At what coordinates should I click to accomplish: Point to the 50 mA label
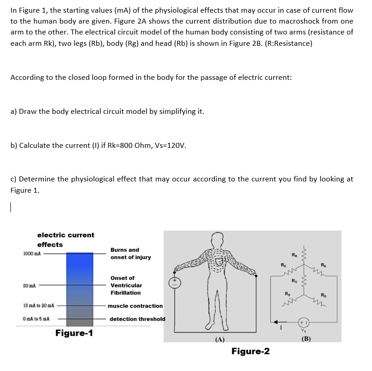tap(30, 286)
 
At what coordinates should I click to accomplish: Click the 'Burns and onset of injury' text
tap(130, 254)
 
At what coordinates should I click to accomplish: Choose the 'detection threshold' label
tap(137, 319)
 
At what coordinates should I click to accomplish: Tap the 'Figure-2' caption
tap(250, 351)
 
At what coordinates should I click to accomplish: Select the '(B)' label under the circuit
tap(306, 337)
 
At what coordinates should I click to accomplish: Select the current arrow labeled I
tap(278, 323)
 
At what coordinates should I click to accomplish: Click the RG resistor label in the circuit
tap(295, 279)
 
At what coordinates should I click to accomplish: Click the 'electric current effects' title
tap(65, 240)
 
